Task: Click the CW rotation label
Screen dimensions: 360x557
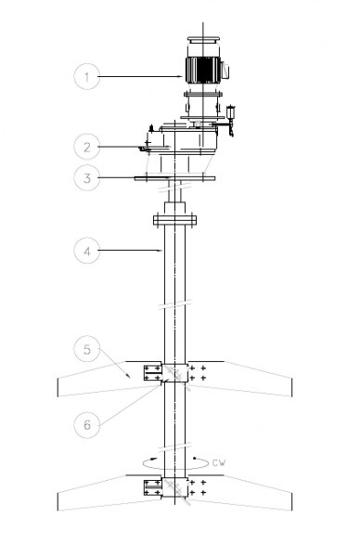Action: coord(219,462)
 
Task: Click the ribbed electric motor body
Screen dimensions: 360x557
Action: coord(203,70)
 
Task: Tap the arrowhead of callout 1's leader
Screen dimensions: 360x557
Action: coord(182,76)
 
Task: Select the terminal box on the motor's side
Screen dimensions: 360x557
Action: coord(225,70)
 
